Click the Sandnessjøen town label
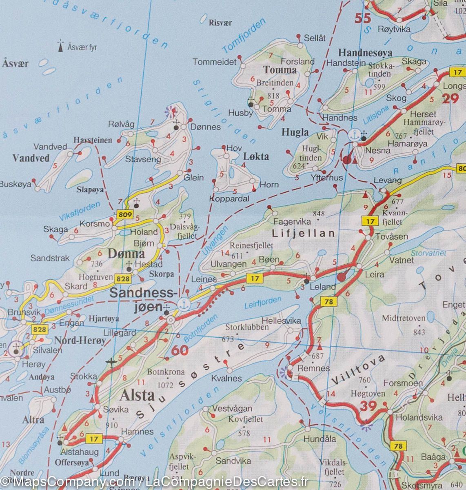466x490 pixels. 144,299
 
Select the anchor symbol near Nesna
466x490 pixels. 355,134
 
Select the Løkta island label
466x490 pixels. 256,156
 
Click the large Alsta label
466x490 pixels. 137,395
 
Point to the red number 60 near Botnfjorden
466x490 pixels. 180,350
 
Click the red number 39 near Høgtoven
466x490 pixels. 368,406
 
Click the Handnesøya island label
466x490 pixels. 365,53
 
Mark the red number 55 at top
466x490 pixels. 364,18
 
